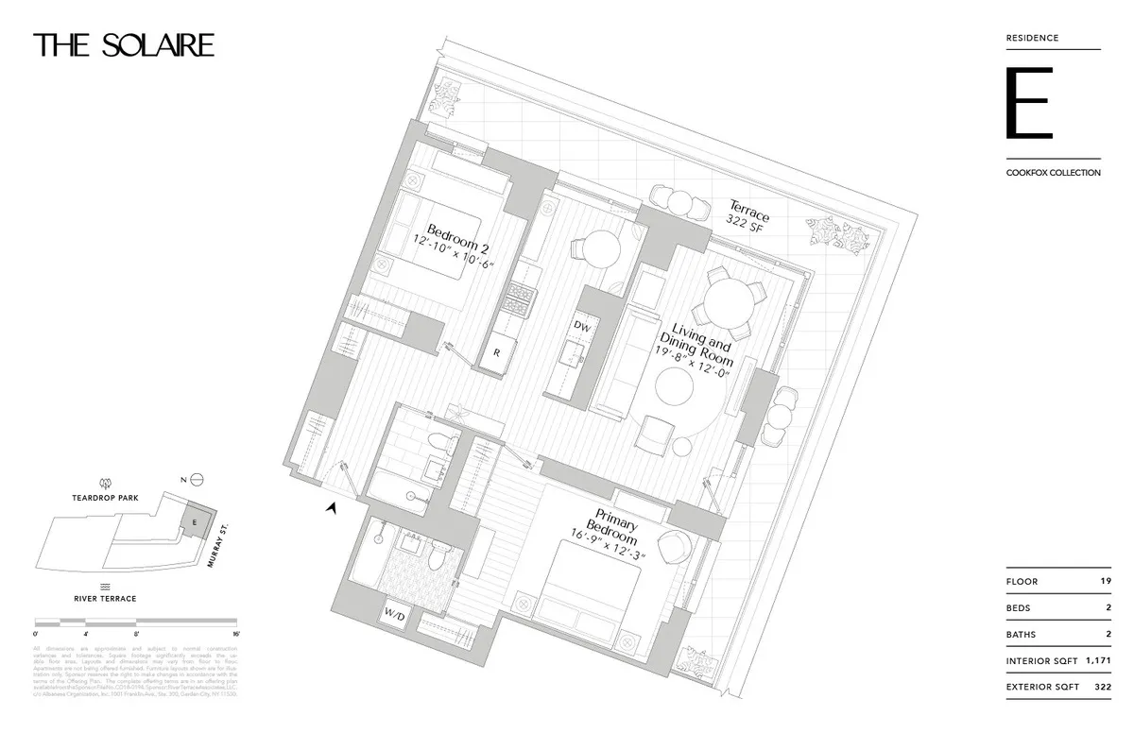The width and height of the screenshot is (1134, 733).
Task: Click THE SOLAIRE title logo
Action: pos(124,45)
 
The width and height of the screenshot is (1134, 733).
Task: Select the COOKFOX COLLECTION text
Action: pos(1053,173)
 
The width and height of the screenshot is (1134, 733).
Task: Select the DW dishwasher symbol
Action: pos(582,326)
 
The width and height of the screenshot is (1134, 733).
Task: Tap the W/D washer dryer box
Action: pos(394,615)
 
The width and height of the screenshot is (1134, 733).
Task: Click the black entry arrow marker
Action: pos(332,508)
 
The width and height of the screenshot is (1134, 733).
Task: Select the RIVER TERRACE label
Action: pos(105,598)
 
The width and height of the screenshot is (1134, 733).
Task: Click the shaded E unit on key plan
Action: pos(194,520)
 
